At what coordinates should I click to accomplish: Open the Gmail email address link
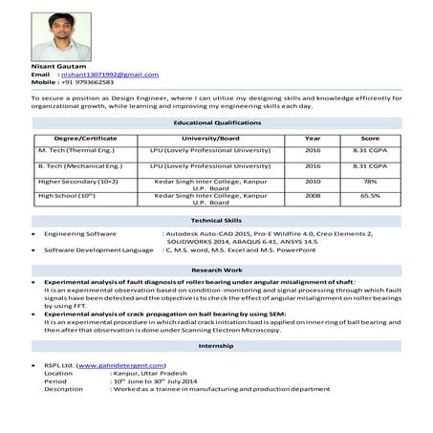[109, 75]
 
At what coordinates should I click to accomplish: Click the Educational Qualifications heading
[216, 123]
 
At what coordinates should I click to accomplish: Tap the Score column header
[370, 139]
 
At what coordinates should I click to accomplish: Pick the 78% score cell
[370, 181]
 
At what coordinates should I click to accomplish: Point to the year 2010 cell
[313, 181]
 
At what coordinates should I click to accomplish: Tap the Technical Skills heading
[216, 220]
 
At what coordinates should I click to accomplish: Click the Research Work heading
[216, 271]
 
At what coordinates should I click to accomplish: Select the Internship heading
[216, 347]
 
